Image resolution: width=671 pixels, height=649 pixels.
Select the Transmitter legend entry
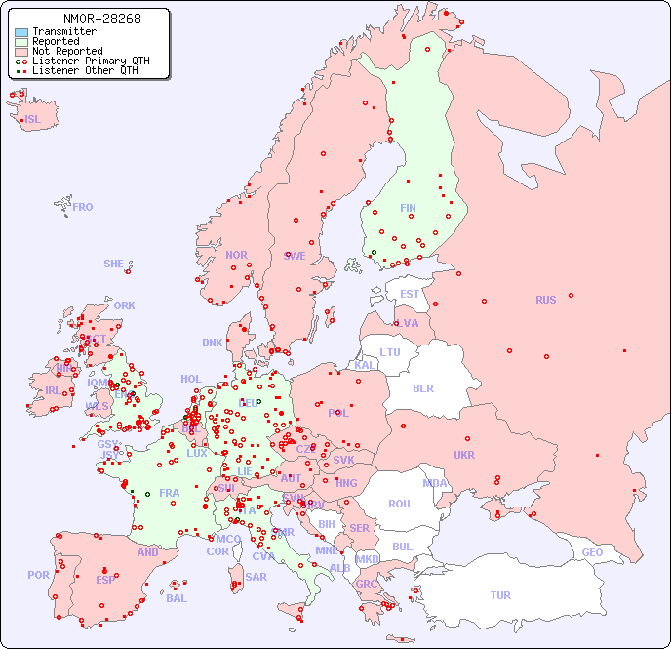pos(63,32)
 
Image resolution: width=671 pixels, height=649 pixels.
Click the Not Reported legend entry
pos(66,52)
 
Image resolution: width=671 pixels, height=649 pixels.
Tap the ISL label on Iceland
pos(33,120)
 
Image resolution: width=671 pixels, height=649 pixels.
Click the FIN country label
pos(408,208)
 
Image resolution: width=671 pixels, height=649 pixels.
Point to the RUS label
pos(545,300)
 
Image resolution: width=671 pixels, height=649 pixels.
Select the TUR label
pos(500,595)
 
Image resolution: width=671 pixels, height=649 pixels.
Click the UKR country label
pos(464,455)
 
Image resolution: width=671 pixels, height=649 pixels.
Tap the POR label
pos(38,575)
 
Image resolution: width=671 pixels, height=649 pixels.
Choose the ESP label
pos(105,580)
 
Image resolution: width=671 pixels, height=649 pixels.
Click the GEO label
pos(592,552)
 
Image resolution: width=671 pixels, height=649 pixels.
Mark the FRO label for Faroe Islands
pos(83,207)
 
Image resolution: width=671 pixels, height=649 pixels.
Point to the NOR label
pos(236,255)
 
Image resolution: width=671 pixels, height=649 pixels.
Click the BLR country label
pos(422,387)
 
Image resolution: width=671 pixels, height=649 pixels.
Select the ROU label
pos(399,504)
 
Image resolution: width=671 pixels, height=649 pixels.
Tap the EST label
pos(410,294)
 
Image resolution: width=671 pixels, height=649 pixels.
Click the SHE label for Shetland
pos(114,264)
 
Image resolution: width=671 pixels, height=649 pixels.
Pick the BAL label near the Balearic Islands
pos(177,598)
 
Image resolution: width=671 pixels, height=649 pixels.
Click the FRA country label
pos(170,493)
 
